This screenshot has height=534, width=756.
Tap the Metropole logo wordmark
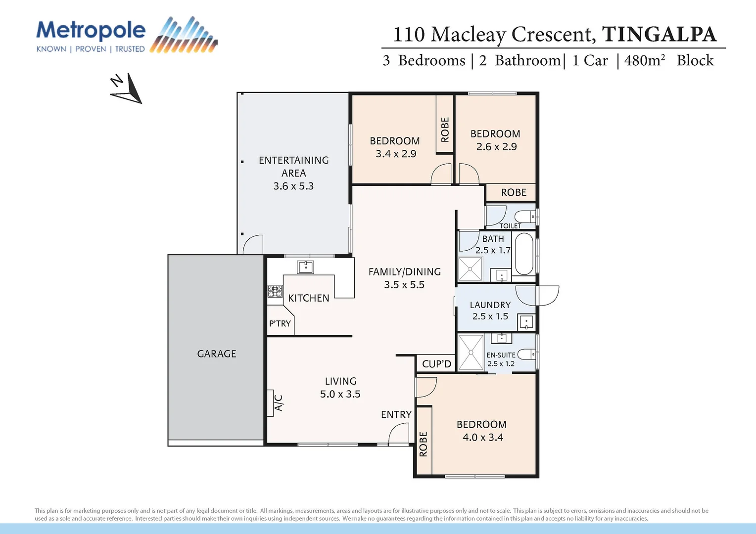pyautogui.click(x=91, y=31)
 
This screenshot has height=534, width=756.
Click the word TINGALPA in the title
pyautogui.click(x=659, y=34)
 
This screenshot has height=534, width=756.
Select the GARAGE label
pyautogui.click(x=217, y=354)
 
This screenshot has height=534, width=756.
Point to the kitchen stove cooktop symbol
pyautogui.click(x=275, y=291)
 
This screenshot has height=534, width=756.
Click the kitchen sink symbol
pyautogui.click(x=305, y=267)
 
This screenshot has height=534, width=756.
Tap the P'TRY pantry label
pyautogui.click(x=280, y=323)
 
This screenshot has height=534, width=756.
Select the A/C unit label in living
pyautogui.click(x=278, y=403)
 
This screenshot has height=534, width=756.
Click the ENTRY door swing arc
pyautogui.click(x=399, y=435)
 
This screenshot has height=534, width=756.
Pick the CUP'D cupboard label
pyautogui.click(x=436, y=364)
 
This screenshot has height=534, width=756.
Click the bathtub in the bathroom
pyautogui.click(x=524, y=254)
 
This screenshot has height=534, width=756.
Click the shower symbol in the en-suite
pyautogui.click(x=471, y=352)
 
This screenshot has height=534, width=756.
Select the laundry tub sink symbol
pyautogui.click(x=526, y=322)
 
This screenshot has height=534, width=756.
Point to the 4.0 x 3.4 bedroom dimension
pyautogui.click(x=482, y=437)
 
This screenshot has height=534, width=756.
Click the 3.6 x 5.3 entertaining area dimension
pyautogui.click(x=293, y=186)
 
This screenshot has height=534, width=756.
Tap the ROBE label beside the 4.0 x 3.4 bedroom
pyautogui.click(x=424, y=444)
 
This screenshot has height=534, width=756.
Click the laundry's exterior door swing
pyautogui.click(x=547, y=296)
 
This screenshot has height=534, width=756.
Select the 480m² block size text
pyautogui.click(x=644, y=60)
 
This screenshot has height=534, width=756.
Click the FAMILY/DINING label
pyautogui.click(x=404, y=271)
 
